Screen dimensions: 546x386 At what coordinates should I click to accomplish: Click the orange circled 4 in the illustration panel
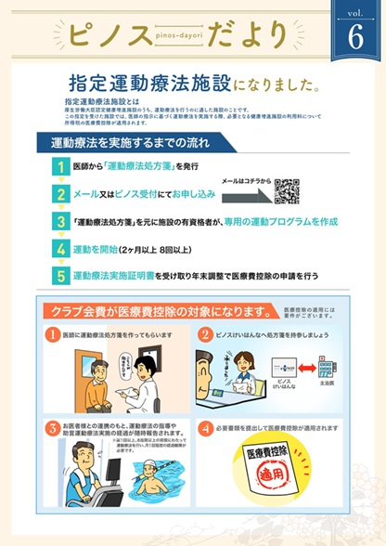coord(206,427)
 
